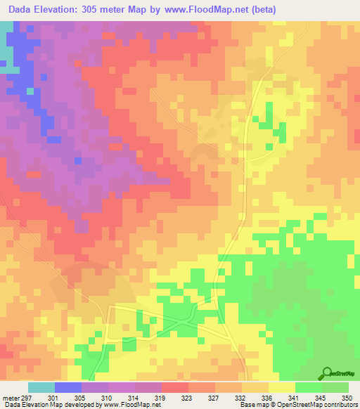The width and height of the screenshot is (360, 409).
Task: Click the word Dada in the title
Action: pos(22,10)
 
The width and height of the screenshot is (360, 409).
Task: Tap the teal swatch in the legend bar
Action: pos(41,387)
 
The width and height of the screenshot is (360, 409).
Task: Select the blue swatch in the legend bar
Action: pos(67,387)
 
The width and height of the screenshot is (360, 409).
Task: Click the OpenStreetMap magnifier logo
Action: pos(328,373)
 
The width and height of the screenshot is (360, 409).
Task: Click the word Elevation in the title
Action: pos(60,10)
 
